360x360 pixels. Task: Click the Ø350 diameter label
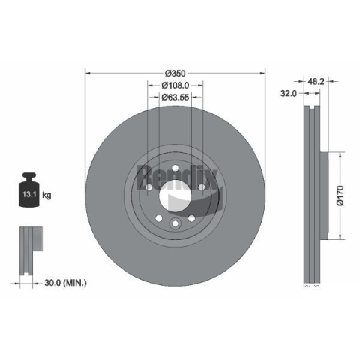(x=175, y=73)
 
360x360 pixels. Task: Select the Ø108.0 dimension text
(x=175, y=85)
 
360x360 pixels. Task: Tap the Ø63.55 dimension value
(x=175, y=97)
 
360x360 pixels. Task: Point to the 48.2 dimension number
(x=316, y=81)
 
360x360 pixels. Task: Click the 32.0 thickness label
(x=289, y=93)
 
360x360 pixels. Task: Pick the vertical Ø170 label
(x=340, y=196)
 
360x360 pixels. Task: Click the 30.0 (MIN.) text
(x=65, y=283)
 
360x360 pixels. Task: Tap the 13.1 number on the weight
(x=29, y=194)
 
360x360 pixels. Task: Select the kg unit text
(x=46, y=195)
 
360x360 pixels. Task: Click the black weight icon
(x=29, y=190)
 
